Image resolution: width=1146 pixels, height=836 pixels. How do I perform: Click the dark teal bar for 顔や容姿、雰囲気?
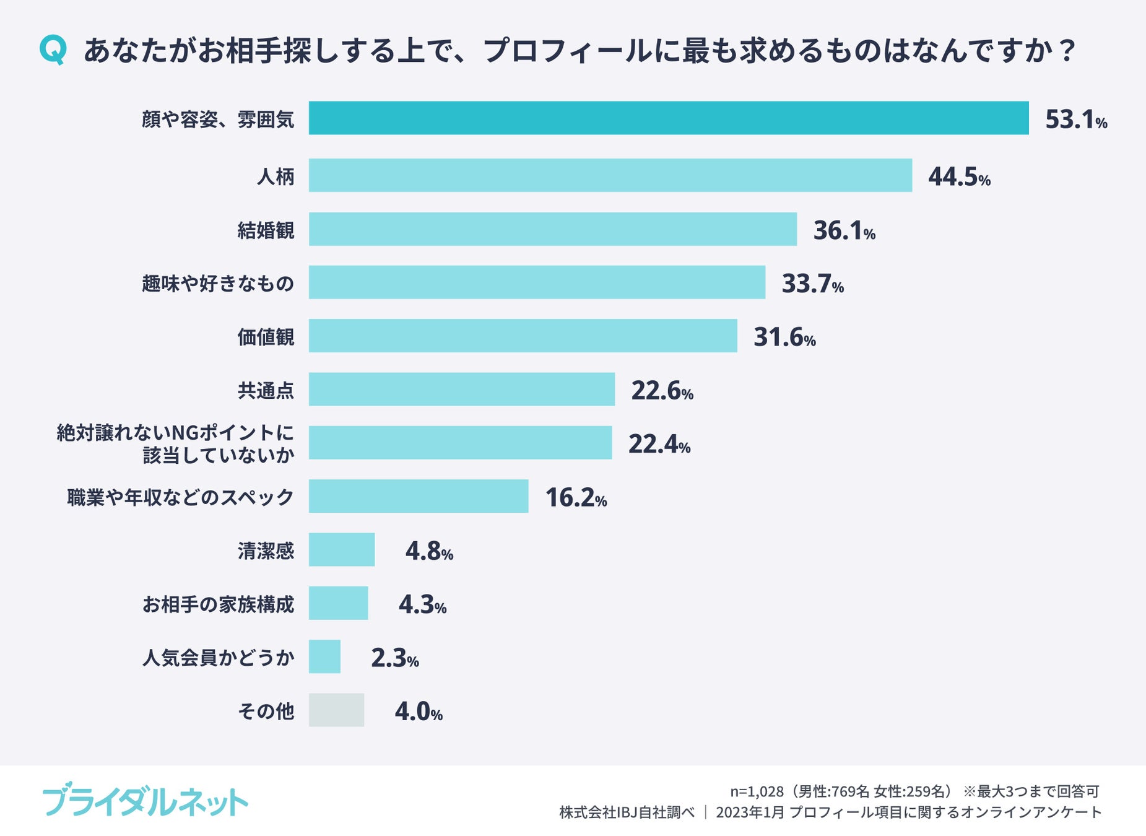[669, 118]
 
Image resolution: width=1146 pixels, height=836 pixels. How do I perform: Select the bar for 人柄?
[610, 175]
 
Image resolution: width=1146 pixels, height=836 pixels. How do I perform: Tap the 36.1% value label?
[844, 230]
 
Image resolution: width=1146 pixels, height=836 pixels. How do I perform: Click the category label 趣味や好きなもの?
[218, 284]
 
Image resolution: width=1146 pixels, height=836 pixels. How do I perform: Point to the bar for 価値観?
[523, 336]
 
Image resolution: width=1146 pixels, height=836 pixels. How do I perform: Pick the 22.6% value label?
[662, 391]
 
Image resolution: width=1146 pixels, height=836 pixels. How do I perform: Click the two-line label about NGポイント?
[175, 443]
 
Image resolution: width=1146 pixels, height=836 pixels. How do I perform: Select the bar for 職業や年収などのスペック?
[419, 496]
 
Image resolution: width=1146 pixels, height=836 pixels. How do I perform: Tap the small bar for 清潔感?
[342, 549]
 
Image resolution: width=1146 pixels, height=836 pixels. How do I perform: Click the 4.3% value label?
[422, 604]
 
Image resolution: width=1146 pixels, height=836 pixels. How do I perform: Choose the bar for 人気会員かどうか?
[324, 656]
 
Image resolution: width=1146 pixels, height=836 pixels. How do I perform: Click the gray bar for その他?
[336, 710]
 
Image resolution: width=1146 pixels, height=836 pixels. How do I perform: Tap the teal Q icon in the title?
[53, 50]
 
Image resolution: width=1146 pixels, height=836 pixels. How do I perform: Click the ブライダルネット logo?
[145, 801]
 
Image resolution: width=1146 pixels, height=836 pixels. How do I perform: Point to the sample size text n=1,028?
[757, 791]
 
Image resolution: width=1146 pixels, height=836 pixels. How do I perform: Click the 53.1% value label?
[1075, 120]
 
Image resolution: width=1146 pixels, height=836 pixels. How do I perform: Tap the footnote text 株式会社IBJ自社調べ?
[627, 812]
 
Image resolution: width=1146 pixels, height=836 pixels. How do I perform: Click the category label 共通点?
[266, 391]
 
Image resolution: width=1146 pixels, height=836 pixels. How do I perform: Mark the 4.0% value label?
[419, 712]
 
